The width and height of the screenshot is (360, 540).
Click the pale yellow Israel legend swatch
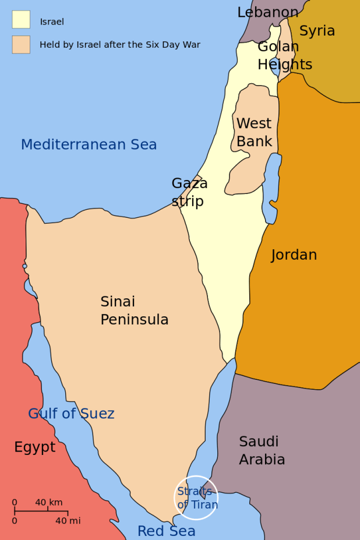pos(21,19)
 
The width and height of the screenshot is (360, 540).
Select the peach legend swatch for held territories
pos(21,45)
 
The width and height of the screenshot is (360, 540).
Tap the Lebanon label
pos(267,12)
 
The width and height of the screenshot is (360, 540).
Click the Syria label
pos(317,31)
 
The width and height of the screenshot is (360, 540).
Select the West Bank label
pos(254,132)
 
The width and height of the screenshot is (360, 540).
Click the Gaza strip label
pos(189,192)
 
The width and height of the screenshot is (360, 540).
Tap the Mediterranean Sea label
pos(89,144)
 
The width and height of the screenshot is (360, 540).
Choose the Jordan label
pos(294,255)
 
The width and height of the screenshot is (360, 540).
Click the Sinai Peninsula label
pos(134,310)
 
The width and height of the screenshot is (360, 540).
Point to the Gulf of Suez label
pos(71,414)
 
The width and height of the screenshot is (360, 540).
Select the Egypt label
pos(35,447)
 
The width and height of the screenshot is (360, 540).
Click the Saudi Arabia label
pos(262,450)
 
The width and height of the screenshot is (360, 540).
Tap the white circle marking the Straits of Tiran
pos(196,497)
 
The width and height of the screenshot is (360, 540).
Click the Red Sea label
pos(166,531)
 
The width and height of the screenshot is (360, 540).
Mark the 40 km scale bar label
pos(48,502)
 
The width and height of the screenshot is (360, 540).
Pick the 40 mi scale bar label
pos(68,521)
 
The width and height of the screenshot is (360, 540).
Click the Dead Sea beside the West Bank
pos(271,186)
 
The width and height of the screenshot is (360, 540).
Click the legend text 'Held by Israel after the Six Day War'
pos(119,45)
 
